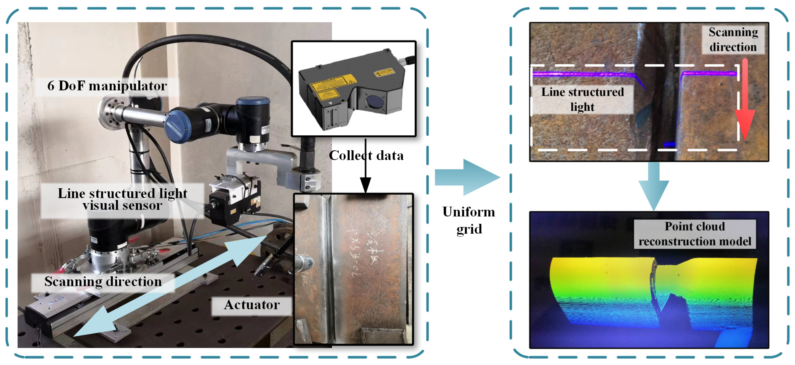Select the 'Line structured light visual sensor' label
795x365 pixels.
(x=122, y=199)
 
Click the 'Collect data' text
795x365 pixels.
(x=366, y=155)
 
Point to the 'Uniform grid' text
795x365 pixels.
(x=468, y=220)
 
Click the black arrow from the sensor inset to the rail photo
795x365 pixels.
(x=366, y=166)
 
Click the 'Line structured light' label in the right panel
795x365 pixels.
(x=582, y=99)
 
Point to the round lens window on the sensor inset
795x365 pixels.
(x=375, y=101)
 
